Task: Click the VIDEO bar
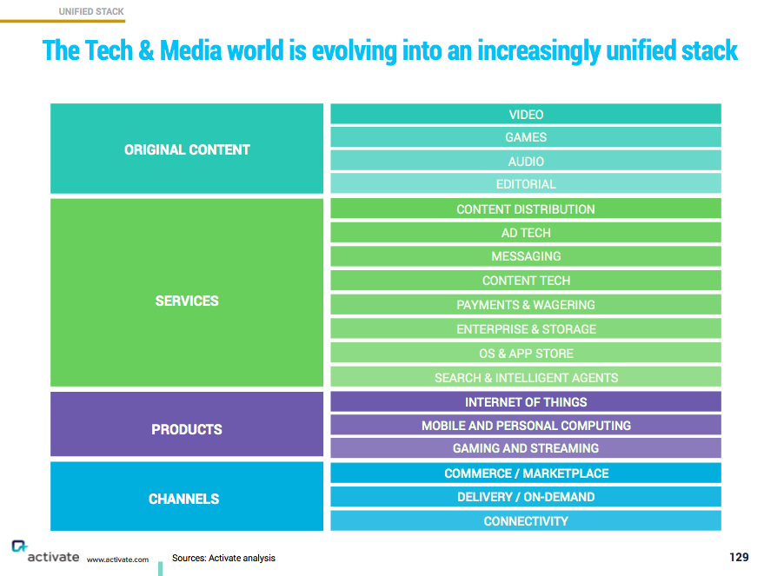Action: coord(526,115)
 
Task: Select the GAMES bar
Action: coord(526,137)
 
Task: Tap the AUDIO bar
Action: coord(526,161)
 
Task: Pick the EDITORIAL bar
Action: coord(526,184)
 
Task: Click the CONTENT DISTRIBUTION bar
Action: coord(526,209)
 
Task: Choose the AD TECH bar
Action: coord(526,233)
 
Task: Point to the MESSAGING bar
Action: coord(526,256)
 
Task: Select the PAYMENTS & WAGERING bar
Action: coord(526,305)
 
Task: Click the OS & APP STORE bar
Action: coord(526,354)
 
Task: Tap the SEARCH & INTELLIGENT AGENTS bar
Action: coord(526,378)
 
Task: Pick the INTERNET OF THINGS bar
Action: coord(526,402)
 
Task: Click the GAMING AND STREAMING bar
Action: coord(526,448)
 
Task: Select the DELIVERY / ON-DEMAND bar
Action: coord(526,497)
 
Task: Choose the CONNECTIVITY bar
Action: coord(526,521)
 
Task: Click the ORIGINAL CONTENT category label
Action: coord(187,149)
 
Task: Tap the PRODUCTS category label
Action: coord(187,429)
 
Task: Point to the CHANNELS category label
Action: coord(184,499)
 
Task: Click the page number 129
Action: coord(739,557)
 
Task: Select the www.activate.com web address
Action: coord(117,559)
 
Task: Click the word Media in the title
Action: coord(187,50)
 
